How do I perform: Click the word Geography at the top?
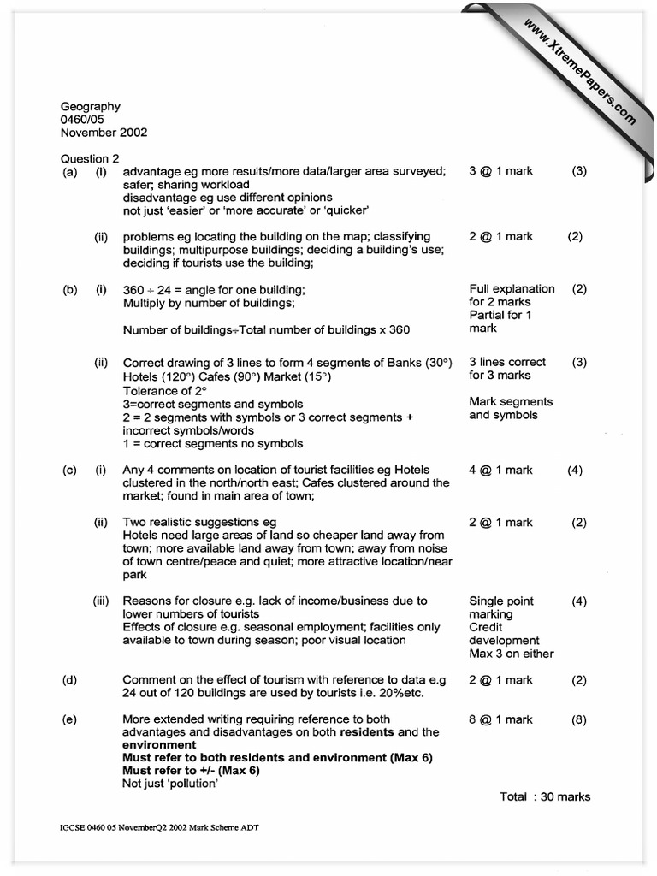pyautogui.click(x=90, y=107)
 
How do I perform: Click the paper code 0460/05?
pyautogui.click(x=82, y=120)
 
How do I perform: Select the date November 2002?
pyautogui.click(x=104, y=133)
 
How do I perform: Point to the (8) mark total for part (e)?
pyautogui.click(x=579, y=720)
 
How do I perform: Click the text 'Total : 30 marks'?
pyautogui.click(x=545, y=796)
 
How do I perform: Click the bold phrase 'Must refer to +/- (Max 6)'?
pyautogui.click(x=191, y=770)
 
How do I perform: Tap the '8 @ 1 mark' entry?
pyautogui.click(x=500, y=720)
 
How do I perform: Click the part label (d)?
pyautogui.click(x=69, y=681)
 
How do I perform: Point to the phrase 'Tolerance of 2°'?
pyautogui.click(x=165, y=391)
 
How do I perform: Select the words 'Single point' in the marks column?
pyautogui.click(x=500, y=601)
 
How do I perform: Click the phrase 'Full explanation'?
pyautogui.click(x=512, y=289)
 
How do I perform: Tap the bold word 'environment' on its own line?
pyautogui.click(x=159, y=745)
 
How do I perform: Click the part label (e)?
pyautogui.click(x=69, y=720)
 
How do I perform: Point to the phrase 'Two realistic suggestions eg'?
pyautogui.click(x=199, y=523)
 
